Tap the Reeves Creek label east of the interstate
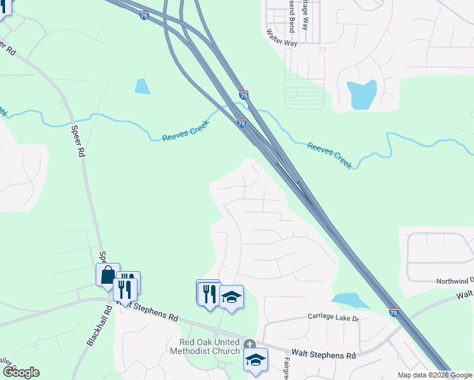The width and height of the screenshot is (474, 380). click(330, 155)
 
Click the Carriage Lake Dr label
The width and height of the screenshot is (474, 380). click(333, 317)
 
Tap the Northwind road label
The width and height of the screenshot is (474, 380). click(454, 281)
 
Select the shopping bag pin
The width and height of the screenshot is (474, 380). click(108, 275)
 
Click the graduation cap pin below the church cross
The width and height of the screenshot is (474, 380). click(255, 360)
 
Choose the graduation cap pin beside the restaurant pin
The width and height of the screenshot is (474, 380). click(232, 297)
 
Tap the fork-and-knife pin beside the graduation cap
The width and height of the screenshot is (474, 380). click(208, 293)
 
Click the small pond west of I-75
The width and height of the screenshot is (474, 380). click(142, 86)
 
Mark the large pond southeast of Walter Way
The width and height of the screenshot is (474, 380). click(362, 94)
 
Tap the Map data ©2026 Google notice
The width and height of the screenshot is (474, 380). click(434, 375)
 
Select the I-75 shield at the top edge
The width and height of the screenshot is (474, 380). click(144, 15)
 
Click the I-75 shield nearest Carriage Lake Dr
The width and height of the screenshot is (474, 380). click(394, 312)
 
